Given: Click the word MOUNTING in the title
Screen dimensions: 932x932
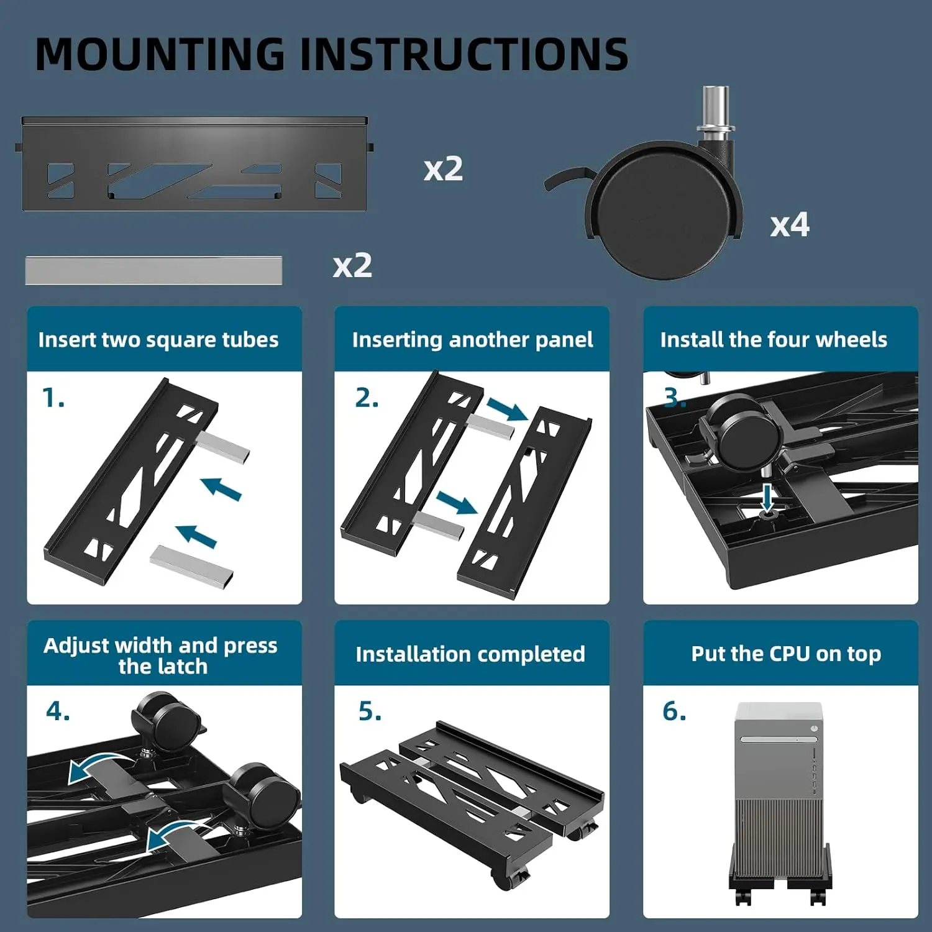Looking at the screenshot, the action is (x=160, y=54).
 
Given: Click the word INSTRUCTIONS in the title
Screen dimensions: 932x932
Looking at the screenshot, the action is (x=465, y=54).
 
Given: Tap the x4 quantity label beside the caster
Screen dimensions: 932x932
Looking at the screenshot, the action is (x=790, y=224).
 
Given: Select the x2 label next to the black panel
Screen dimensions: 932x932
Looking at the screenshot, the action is (x=443, y=168).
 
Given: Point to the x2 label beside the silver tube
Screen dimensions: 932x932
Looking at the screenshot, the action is (x=352, y=265).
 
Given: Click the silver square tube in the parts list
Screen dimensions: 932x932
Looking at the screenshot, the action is (x=153, y=270).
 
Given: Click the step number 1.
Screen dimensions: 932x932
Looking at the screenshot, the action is (x=53, y=398).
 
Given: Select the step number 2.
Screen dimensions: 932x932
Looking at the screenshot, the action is (x=367, y=398).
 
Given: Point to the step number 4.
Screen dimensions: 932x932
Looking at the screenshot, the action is (x=58, y=711).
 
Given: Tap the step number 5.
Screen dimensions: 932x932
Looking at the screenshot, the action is (x=370, y=711).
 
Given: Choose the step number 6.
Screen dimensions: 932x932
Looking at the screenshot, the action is (x=674, y=711).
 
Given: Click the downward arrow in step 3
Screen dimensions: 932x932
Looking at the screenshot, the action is (x=768, y=497).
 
